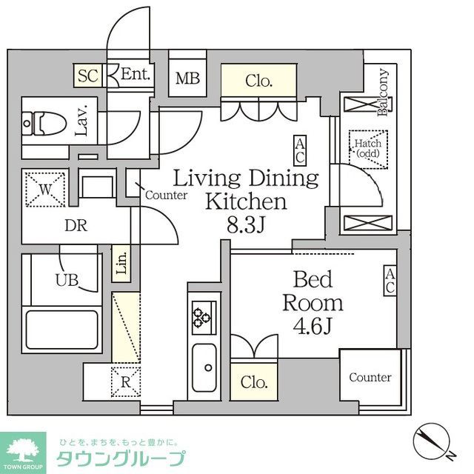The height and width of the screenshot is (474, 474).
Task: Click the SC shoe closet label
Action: point(88,75)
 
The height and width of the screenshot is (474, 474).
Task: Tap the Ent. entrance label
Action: point(136,75)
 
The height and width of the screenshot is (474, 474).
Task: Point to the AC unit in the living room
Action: point(300,150)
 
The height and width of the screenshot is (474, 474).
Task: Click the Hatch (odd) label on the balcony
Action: point(367,148)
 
